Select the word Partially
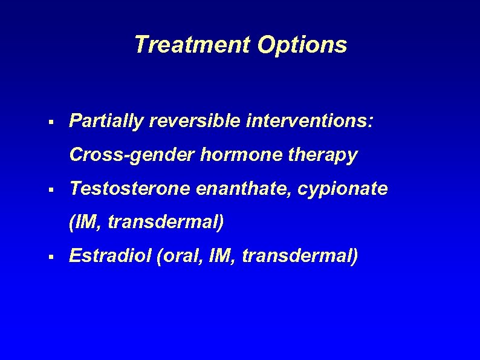coord(106,122)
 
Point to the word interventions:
coord(310,122)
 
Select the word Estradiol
coord(110,257)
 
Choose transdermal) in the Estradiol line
coord(300,257)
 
